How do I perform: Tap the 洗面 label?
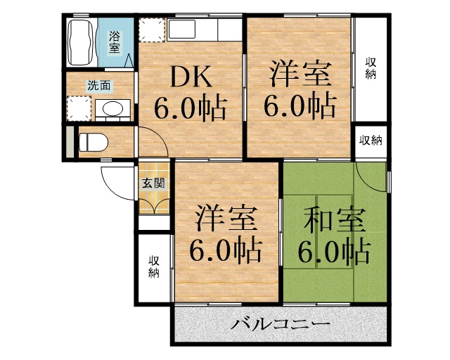(98, 86)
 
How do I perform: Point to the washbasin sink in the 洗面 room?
(110, 109)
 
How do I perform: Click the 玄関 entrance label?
(153, 184)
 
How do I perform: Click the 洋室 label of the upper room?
(299, 74)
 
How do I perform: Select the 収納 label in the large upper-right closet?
(370, 69)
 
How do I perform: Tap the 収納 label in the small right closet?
(371, 141)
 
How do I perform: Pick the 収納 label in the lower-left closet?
(154, 266)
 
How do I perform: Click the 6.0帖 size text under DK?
(190, 109)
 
